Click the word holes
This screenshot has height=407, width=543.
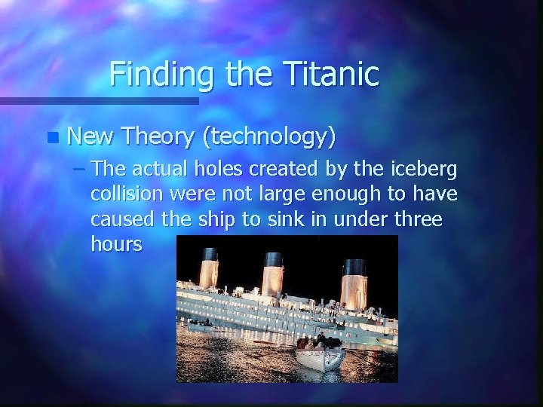(219, 168)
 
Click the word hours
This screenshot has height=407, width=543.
(115, 245)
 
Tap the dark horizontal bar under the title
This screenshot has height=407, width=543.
(99, 100)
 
